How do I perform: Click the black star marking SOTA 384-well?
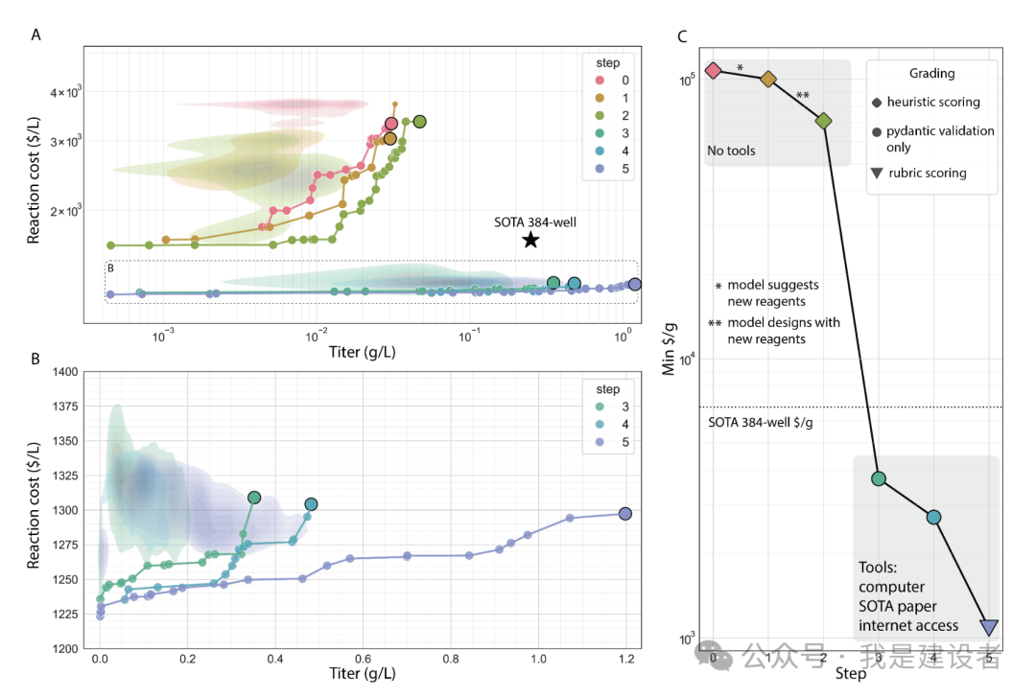click(530, 240)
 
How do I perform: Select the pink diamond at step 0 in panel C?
click(713, 70)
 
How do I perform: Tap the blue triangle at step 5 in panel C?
click(989, 627)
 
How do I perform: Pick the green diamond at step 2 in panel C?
click(823, 121)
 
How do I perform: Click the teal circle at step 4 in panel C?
click(933, 517)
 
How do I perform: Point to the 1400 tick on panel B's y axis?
click(65, 372)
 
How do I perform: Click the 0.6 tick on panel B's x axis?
click(363, 659)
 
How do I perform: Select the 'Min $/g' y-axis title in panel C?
click(670, 349)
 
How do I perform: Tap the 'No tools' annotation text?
click(731, 151)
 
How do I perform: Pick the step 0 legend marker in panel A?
click(600, 81)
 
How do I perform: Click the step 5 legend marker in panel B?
click(600, 442)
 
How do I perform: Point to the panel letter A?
click(35, 35)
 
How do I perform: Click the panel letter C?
click(683, 36)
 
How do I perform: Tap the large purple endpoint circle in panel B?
click(625, 514)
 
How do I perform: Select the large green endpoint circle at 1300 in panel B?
click(254, 498)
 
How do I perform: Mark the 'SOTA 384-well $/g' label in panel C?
click(761, 423)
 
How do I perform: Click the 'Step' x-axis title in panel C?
click(850, 674)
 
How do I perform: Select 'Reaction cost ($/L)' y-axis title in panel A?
click(33, 180)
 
